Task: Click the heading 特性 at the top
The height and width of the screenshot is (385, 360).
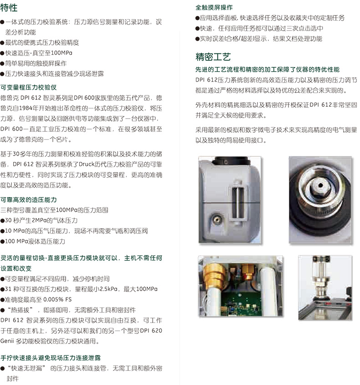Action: click(x=9, y=7)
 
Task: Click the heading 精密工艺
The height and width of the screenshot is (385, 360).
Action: click(x=213, y=57)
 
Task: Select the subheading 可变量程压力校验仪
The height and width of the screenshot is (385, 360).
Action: click(x=28, y=87)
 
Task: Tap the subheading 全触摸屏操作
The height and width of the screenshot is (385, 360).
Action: click(x=214, y=7)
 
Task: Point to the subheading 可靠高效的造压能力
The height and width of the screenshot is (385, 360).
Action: click(x=28, y=200)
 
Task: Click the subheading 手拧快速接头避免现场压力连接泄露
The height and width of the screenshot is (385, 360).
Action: click(x=51, y=358)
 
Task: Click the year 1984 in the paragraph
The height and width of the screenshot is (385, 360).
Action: click(x=26, y=108)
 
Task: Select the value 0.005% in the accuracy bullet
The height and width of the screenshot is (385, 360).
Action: click(x=53, y=299)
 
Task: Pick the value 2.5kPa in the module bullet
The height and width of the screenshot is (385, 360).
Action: click(x=108, y=289)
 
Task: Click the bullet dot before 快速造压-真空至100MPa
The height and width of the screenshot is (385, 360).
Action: click(x=2, y=53)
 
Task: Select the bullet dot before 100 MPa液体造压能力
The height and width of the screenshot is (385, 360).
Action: click(x=2, y=242)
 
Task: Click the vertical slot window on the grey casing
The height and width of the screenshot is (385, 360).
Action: click(x=238, y=203)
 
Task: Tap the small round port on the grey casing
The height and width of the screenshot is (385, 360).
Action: click(x=217, y=219)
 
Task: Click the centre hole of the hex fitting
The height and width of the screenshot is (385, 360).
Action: click(x=320, y=185)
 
